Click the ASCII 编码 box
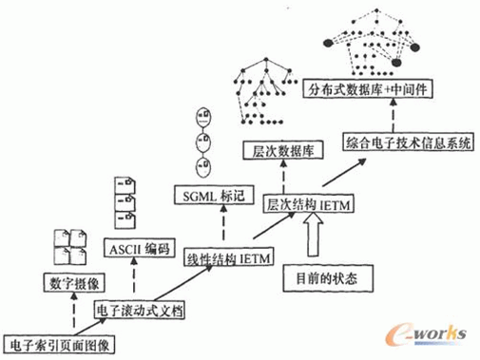[x=137, y=250]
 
